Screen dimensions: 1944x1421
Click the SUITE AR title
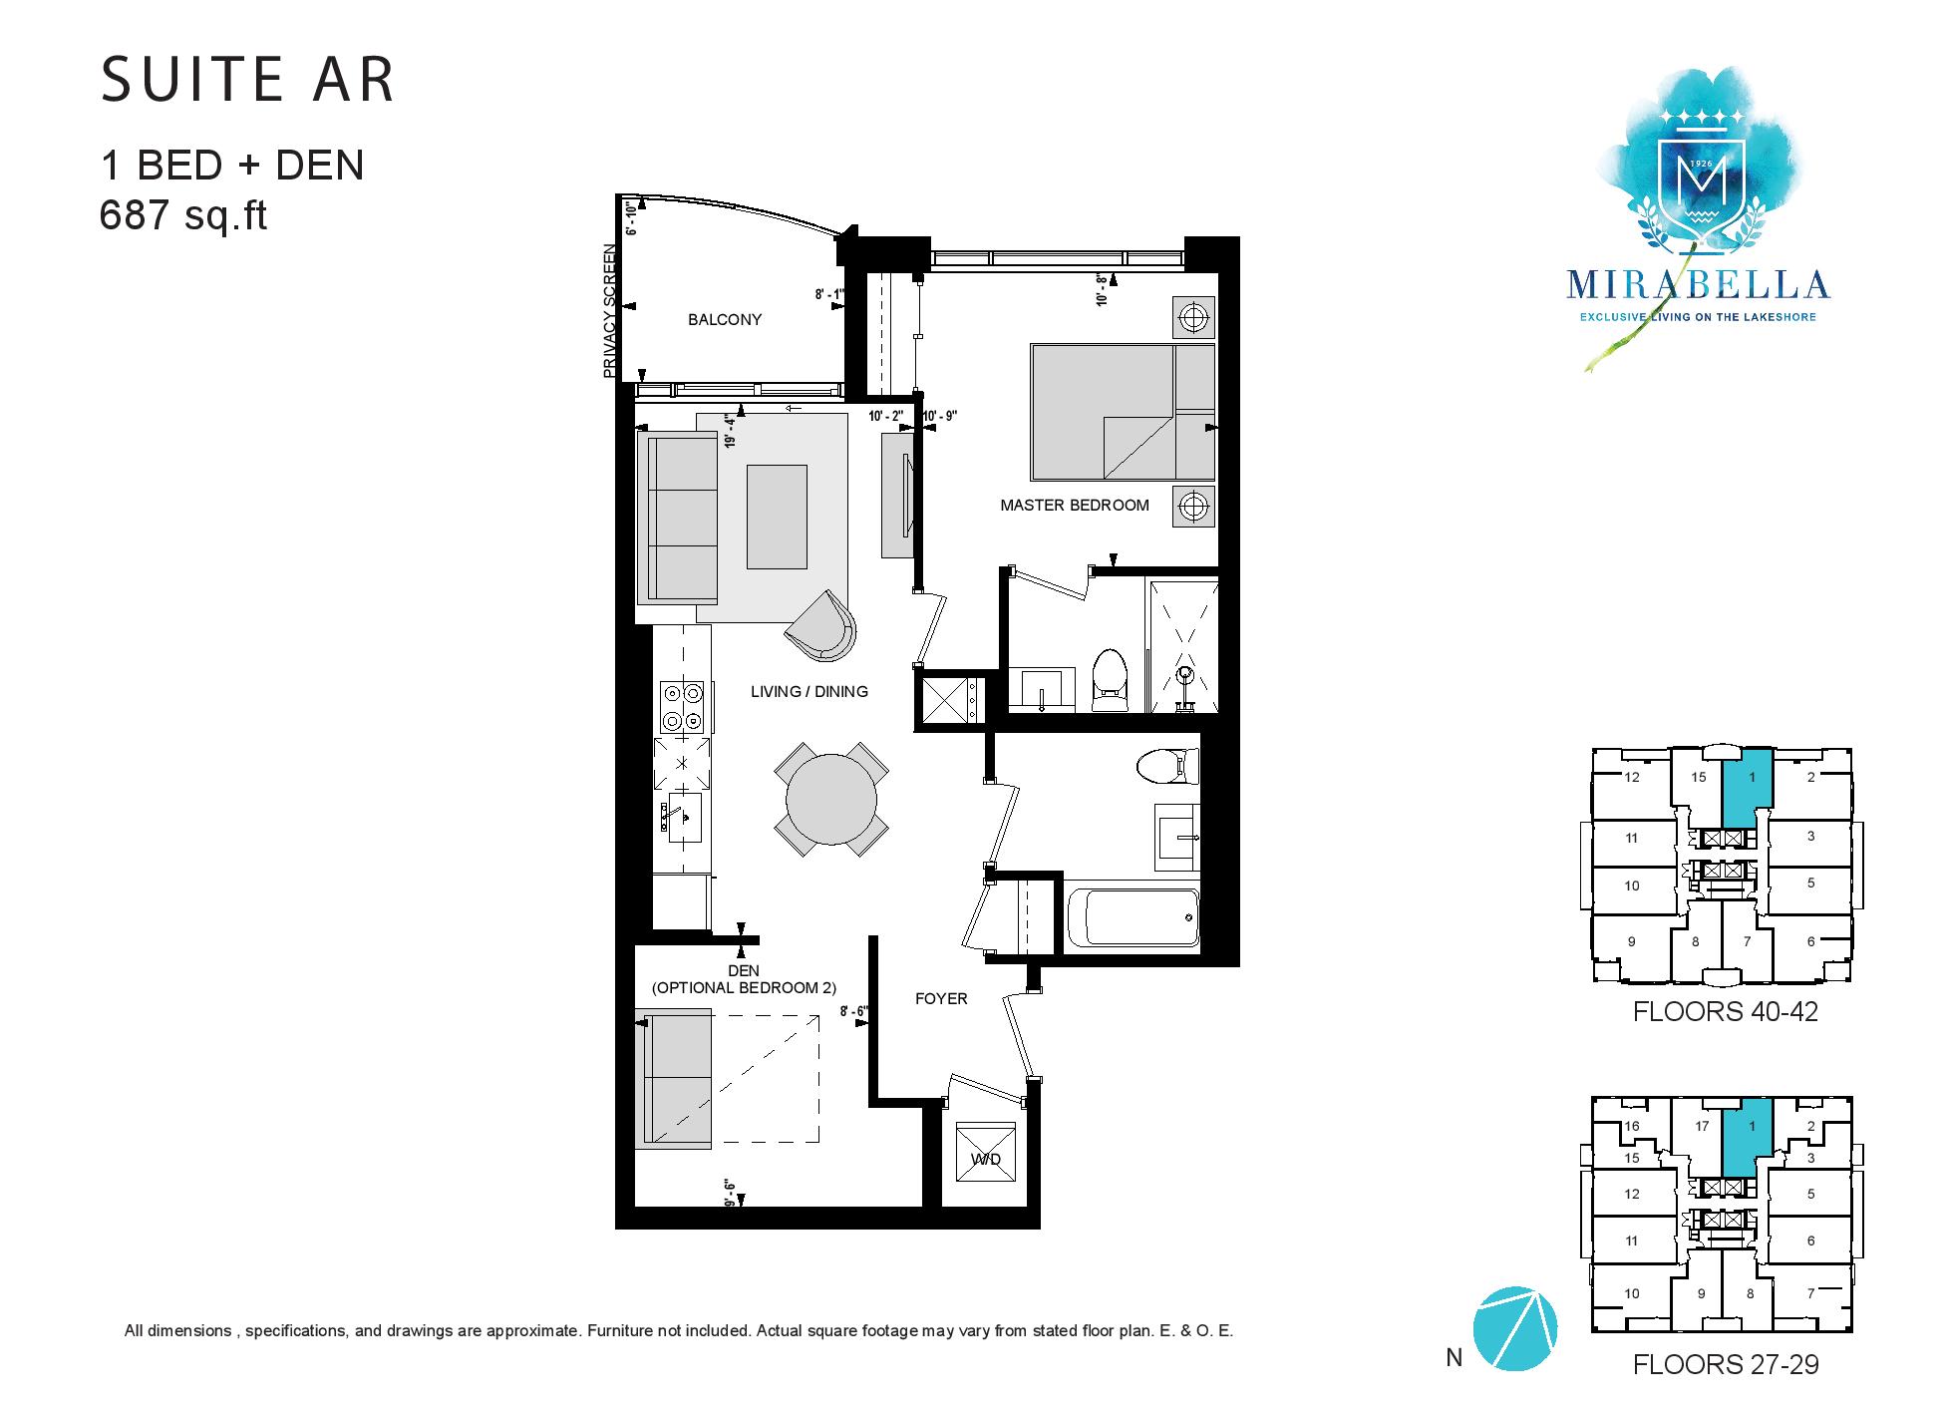click(x=248, y=80)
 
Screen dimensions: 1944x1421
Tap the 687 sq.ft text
click(x=183, y=215)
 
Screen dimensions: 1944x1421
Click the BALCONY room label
click(x=725, y=319)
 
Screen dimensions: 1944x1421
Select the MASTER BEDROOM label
click(x=1075, y=505)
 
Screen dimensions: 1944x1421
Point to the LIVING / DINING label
click(x=810, y=691)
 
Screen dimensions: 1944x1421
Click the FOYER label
click(x=941, y=998)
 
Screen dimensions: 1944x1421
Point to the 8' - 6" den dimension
click(x=854, y=1011)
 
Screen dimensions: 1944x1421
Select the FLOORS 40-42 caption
click(x=1725, y=1011)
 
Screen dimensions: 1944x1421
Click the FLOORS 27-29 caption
click(x=1725, y=1364)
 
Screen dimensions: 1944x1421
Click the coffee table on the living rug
click(x=777, y=517)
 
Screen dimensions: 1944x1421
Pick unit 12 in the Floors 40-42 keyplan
click(x=1631, y=778)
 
